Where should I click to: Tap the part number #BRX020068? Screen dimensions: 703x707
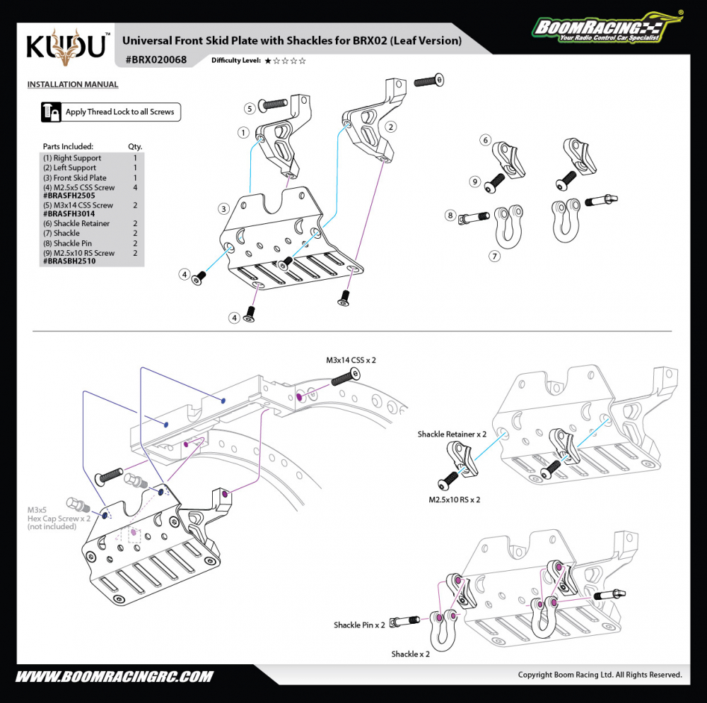[156, 60]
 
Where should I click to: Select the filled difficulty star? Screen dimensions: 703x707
[268, 61]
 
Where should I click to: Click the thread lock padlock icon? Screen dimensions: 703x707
[51, 112]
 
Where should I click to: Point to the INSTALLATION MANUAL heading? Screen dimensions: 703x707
[73, 85]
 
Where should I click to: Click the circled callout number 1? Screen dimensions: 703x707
[243, 132]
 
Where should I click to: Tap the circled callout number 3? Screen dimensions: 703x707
[223, 208]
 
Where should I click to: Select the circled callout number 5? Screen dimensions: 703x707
[250, 108]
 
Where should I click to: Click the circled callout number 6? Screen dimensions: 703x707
[486, 140]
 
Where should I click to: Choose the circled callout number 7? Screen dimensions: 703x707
[495, 256]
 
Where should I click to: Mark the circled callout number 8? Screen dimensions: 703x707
[450, 215]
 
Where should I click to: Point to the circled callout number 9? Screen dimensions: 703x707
[475, 182]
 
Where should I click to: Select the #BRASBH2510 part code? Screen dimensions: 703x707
[69, 261]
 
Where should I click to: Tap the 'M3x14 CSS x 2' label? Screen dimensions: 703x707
[351, 360]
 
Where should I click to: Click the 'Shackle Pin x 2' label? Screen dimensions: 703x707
[359, 625]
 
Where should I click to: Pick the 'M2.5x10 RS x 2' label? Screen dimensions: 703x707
[455, 500]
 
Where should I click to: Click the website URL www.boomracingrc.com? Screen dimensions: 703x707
[114, 676]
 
